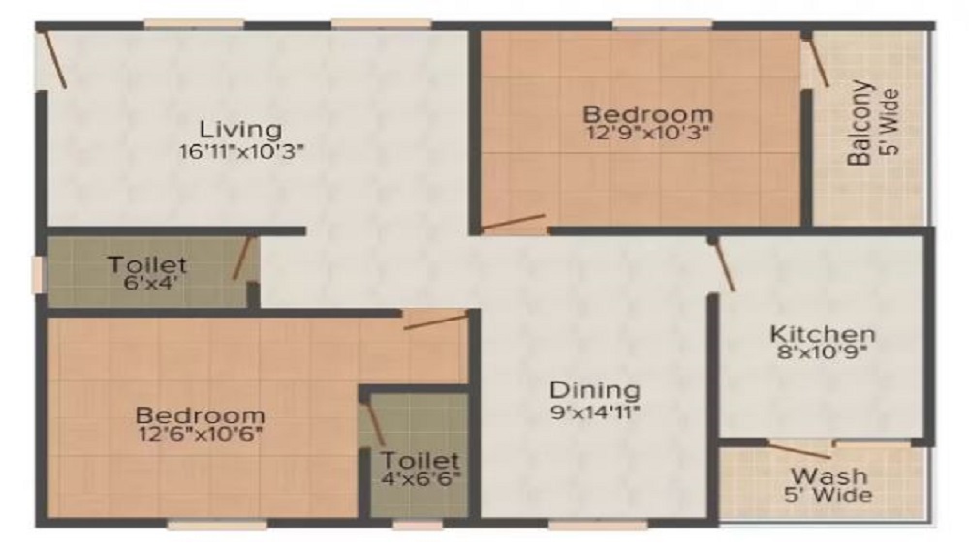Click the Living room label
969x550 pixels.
(240, 128)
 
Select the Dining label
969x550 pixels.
(595, 390)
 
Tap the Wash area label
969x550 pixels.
(828, 476)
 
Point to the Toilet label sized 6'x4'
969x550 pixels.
(147, 264)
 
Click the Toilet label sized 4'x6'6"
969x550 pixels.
(420, 459)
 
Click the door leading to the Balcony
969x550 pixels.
(817, 64)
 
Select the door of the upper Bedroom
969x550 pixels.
(514, 224)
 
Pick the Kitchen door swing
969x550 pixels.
(724, 265)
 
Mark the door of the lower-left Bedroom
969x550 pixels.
(436, 321)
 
